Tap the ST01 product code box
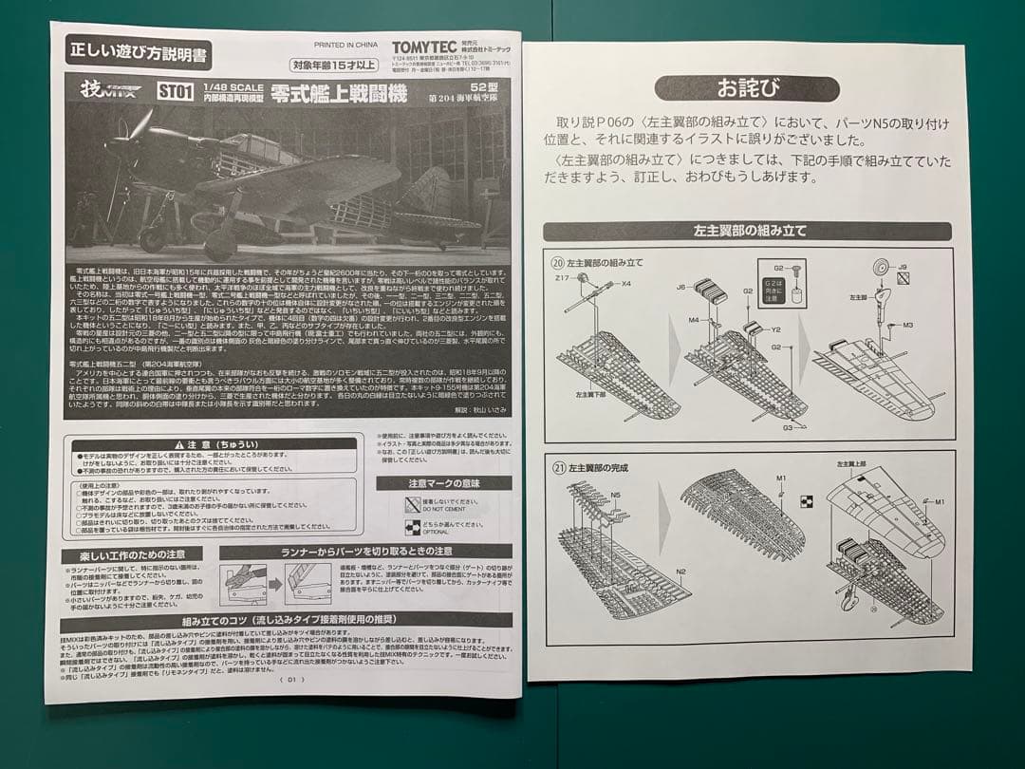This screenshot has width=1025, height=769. pyautogui.click(x=177, y=92)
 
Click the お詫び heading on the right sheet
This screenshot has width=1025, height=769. pyautogui.click(x=746, y=88)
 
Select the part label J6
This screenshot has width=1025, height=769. pyautogui.click(x=681, y=286)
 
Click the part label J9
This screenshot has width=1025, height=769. pyautogui.click(x=903, y=268)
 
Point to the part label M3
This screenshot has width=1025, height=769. pyautogui.click(x=908, y=325)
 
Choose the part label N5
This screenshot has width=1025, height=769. pyautogui.click(x=617, y=495)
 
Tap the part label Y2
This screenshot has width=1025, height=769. pyautogui.click(x=775, y=330)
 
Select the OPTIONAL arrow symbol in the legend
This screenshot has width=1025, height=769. pyautogui.click(x=412, y=527)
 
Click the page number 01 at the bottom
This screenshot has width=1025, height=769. pyautogui.click(x=291, y=679)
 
